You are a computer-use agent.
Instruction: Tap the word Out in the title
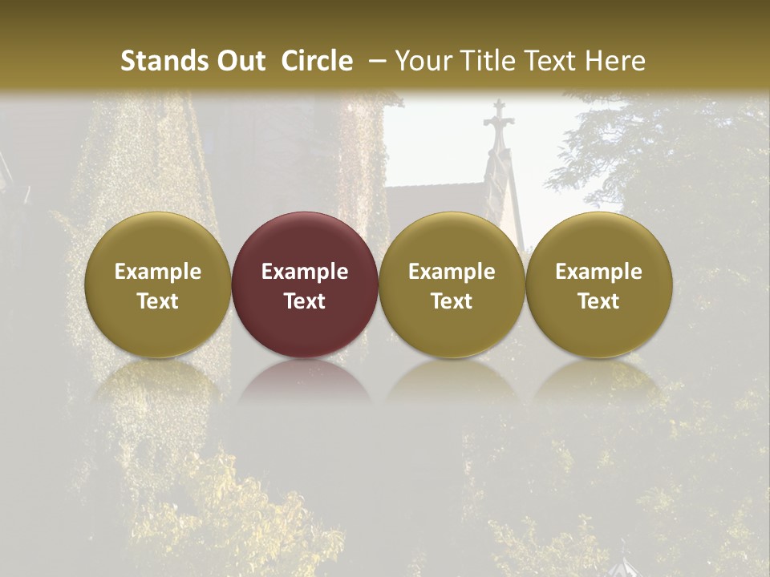click(x=238, y=61)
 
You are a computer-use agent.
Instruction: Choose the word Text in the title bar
click(x=547, y=61)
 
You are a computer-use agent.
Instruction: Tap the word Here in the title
click(x=614, y=61)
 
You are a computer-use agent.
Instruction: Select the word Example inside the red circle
click(x=305, y=272)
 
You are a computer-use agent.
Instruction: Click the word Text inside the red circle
click(x=305, y=301)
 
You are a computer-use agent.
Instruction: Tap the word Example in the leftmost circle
click(x=158, y=272)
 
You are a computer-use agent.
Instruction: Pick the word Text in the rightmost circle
click(x=599, y=301)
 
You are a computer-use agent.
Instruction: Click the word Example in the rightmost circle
click(x=599, y=272)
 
